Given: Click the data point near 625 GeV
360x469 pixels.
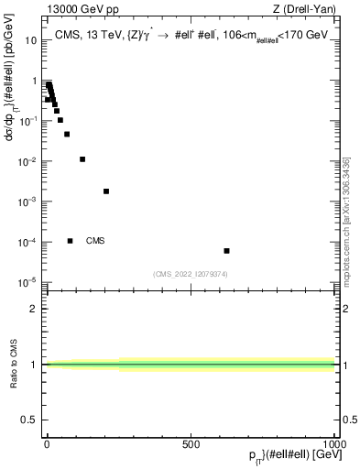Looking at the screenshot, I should coord(226,251).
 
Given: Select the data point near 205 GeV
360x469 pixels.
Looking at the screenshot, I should coord(106,191).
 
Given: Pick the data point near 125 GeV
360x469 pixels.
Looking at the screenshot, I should coord(82,159).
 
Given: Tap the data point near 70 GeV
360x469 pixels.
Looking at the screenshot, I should coord(67,134).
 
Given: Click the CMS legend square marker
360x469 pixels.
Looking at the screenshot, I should coord(71,241).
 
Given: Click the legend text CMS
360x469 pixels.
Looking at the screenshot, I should coord(95,241).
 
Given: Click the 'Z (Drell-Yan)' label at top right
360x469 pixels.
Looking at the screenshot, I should coord(310,9).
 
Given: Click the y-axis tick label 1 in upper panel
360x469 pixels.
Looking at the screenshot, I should coord(35,81).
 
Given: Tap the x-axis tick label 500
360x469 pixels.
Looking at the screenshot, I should coord(191,444).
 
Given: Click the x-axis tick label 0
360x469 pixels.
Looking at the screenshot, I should coord(47,444).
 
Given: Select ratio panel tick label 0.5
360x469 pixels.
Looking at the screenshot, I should coord(29,420).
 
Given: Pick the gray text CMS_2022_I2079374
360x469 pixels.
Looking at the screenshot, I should coord(191,272).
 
